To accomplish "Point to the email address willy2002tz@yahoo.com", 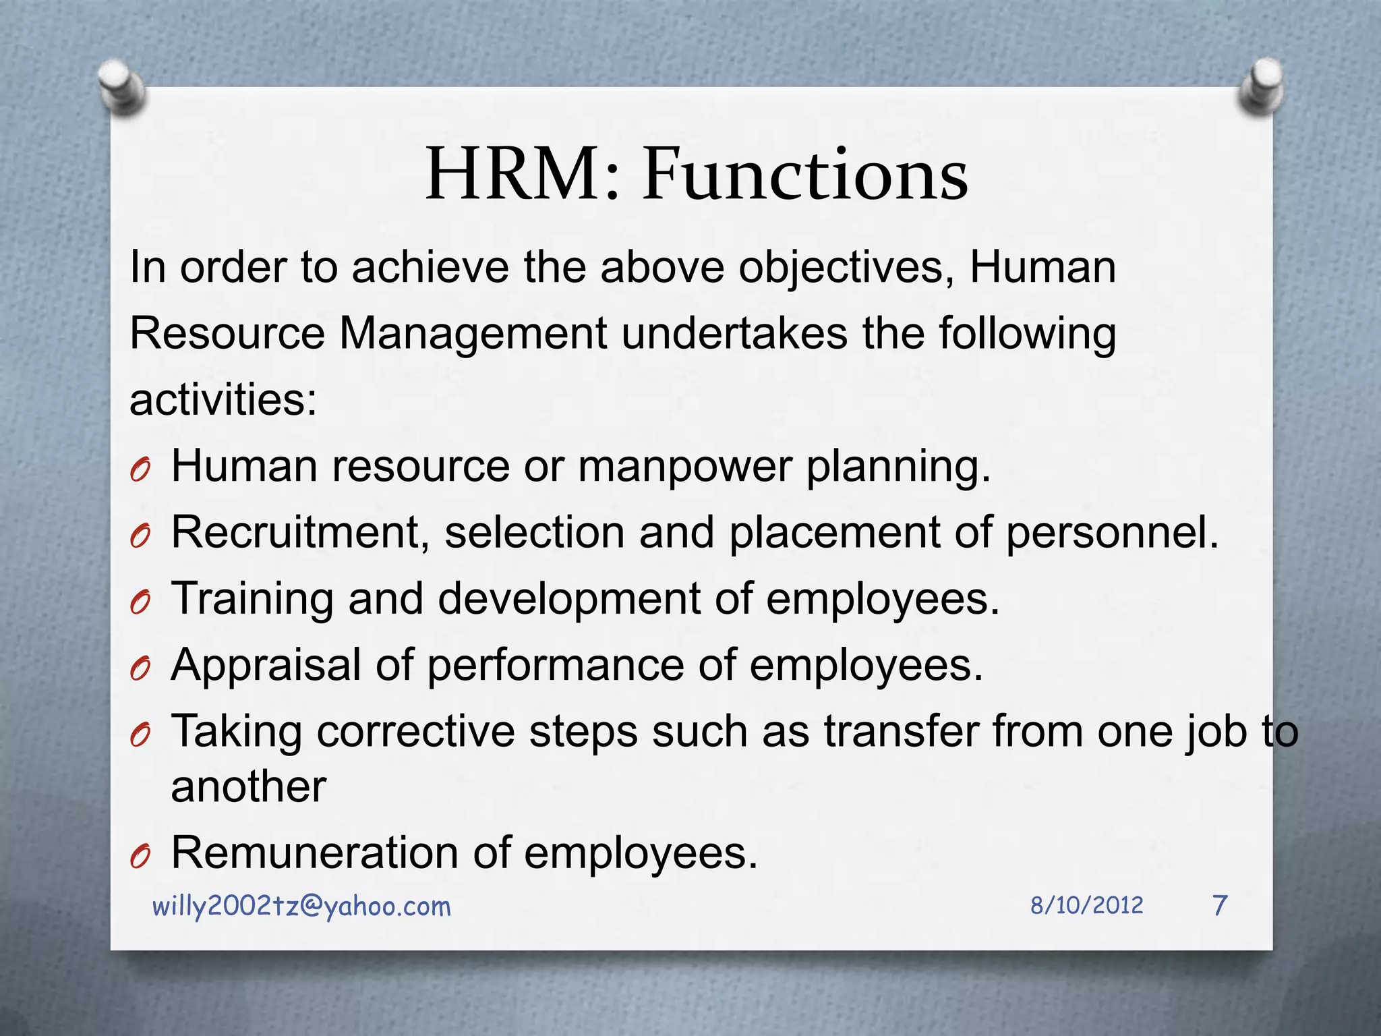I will (x=301, y=906).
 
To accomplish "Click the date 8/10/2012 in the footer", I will (x=1086, y=905).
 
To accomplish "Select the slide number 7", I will (x=1220, y=905).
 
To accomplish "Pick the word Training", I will (x=252, y=600).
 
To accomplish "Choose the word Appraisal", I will (x=266, y=666).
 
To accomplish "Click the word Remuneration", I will (x=315, y=853).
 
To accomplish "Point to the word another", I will (x=249, y=786).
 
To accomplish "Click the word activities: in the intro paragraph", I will (x=223, y=400).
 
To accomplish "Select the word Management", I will (x=473, y=334).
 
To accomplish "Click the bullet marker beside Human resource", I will (x=140, y=470).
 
